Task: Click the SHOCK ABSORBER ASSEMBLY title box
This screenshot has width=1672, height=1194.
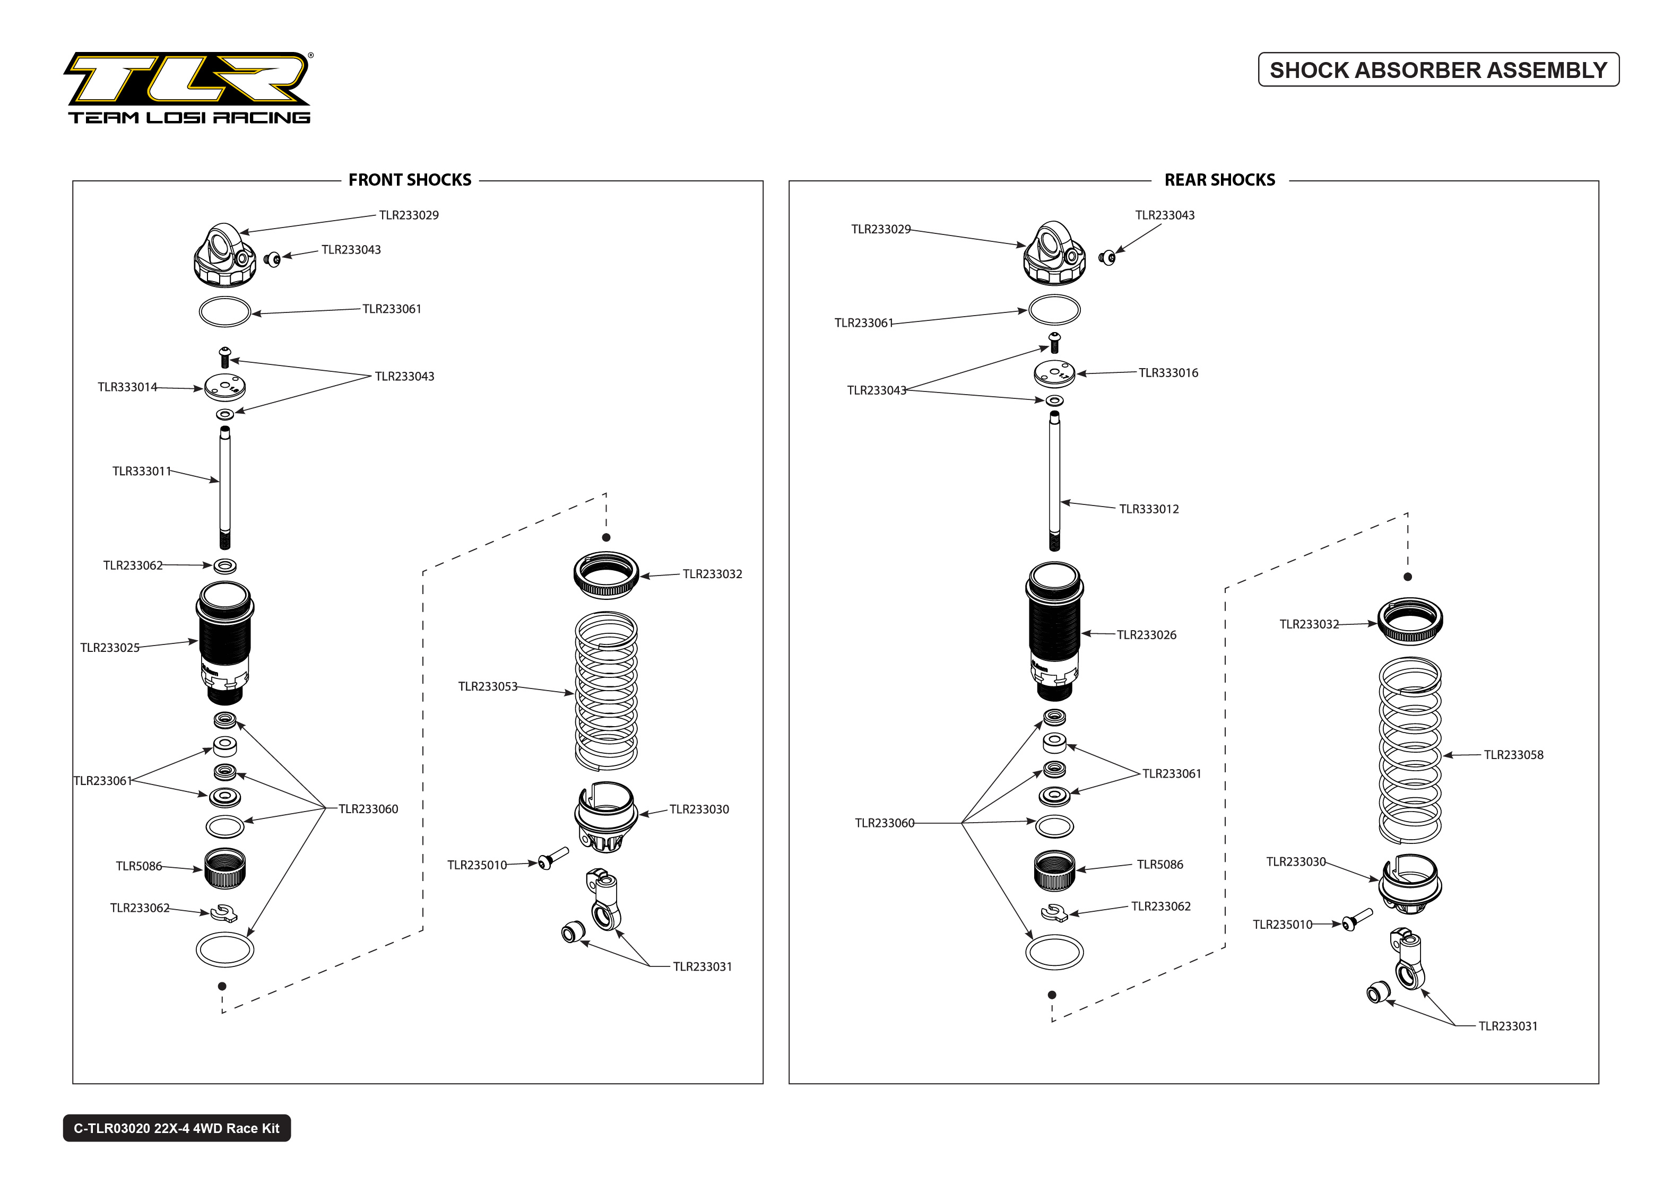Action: pos(1437,70)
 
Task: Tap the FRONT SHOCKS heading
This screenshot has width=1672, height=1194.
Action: pos(410,180)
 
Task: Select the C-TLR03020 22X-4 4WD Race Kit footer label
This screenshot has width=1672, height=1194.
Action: pos(177,1128)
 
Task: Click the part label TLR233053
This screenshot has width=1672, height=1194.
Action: pos(488,686)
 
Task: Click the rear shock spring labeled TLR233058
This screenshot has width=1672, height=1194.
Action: pos(1409,750)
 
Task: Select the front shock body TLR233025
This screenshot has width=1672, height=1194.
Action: pos(224,643)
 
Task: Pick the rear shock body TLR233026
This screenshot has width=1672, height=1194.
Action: pos(1054,631)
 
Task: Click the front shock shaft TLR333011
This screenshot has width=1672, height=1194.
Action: pos(224,485)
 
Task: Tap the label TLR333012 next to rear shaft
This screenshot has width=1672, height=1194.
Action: pos(1148,509)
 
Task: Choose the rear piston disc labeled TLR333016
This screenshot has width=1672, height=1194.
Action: pos(1054,373)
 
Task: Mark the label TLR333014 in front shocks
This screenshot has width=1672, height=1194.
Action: pos(127,387)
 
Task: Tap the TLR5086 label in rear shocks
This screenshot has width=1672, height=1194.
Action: pos(1159,864)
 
